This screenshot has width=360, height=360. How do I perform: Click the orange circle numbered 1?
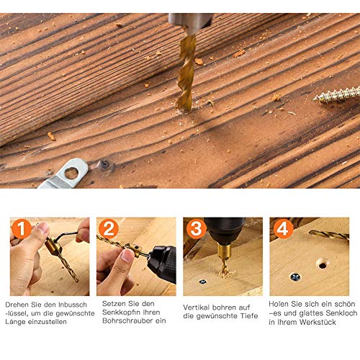pyautogui.click(x=21, y=229)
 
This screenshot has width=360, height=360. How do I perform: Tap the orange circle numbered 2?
pyautogui.click(x=109, y=229)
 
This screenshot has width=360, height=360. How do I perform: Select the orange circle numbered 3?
pyautogui.click(x=196, y=229)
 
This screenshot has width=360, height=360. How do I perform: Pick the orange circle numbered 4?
pyautogui.click(x=282, y=229)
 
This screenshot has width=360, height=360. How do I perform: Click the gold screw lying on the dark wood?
pyautogui.click(x=337, y=95)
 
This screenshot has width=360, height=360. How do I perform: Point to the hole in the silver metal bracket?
pyautogui.click(x=71, y=173)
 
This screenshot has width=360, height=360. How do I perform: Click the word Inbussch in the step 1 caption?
pyautogui.click(x=73, y=305)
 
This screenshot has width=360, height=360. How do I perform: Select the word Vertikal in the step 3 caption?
pyautogui.click(x=197, y=307)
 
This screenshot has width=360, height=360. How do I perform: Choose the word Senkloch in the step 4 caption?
pyautogui.click(x=342, y=313)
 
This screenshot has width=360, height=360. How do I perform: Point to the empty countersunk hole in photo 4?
pyautogui.click(x=323, y=264)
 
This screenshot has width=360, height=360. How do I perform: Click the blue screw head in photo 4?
pyautogui.click(x=295, y=277)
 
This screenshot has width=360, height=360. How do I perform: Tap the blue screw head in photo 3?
pyautogui.click(x=203, y=282)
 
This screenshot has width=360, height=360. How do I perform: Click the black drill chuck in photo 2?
pyautogui.click(x=162, y=263)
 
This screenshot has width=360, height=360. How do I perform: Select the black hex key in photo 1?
pyautogui.click(x=65, y=235)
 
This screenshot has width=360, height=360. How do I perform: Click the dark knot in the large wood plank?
pyautogui.click(x=105, y=164)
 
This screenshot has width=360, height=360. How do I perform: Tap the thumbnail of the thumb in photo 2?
pyautogui.click(x=127, y=256)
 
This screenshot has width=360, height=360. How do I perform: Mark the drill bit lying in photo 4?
pyautogui.click(x=329, y=235)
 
